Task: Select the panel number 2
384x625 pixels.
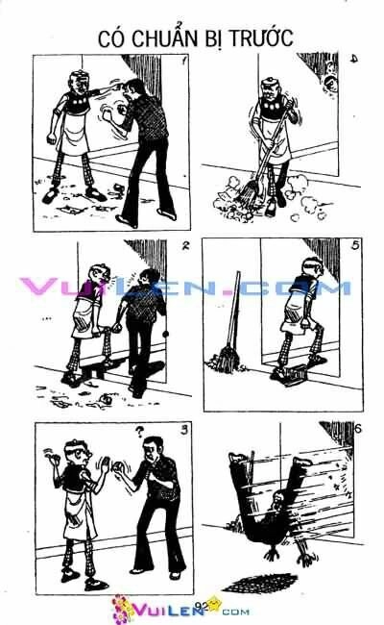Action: click(x=184, y=244)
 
